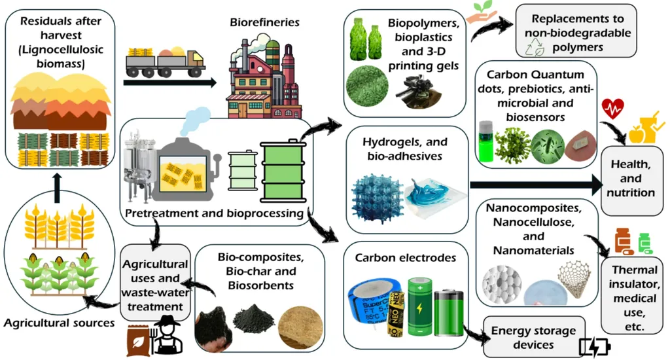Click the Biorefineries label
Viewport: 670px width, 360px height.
click(264, 23)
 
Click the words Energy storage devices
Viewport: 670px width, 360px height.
click(533, 338)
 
